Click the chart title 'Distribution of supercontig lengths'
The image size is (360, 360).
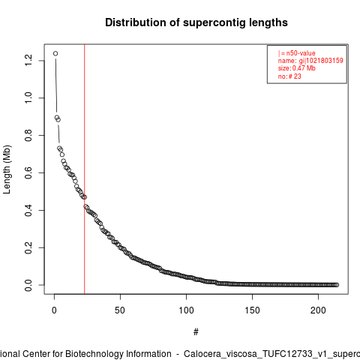(196, 22)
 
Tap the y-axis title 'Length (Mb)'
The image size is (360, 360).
(7, 169)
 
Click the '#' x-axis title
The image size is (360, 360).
(196, 332)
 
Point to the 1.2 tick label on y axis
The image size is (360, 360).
(28, 61)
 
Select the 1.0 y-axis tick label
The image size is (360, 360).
(28, 97)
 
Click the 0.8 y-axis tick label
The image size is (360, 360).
(28, 135)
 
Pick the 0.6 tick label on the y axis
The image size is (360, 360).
(28, 172)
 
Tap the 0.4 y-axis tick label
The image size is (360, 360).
(28, 210)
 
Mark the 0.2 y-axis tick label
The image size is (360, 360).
(28, 247)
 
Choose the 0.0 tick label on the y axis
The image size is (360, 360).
(28, 285)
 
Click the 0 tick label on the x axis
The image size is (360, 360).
(54, 310)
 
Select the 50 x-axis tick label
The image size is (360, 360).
(120, 310)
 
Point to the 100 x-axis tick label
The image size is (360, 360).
(186, 310)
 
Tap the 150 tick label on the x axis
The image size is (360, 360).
(252, 310)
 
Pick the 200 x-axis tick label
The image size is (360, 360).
(318, 310)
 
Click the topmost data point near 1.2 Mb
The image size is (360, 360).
(55, 53)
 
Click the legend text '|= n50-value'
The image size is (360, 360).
(297, 53)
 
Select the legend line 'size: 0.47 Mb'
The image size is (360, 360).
(297, 68)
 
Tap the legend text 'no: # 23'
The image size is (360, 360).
(289, 76)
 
